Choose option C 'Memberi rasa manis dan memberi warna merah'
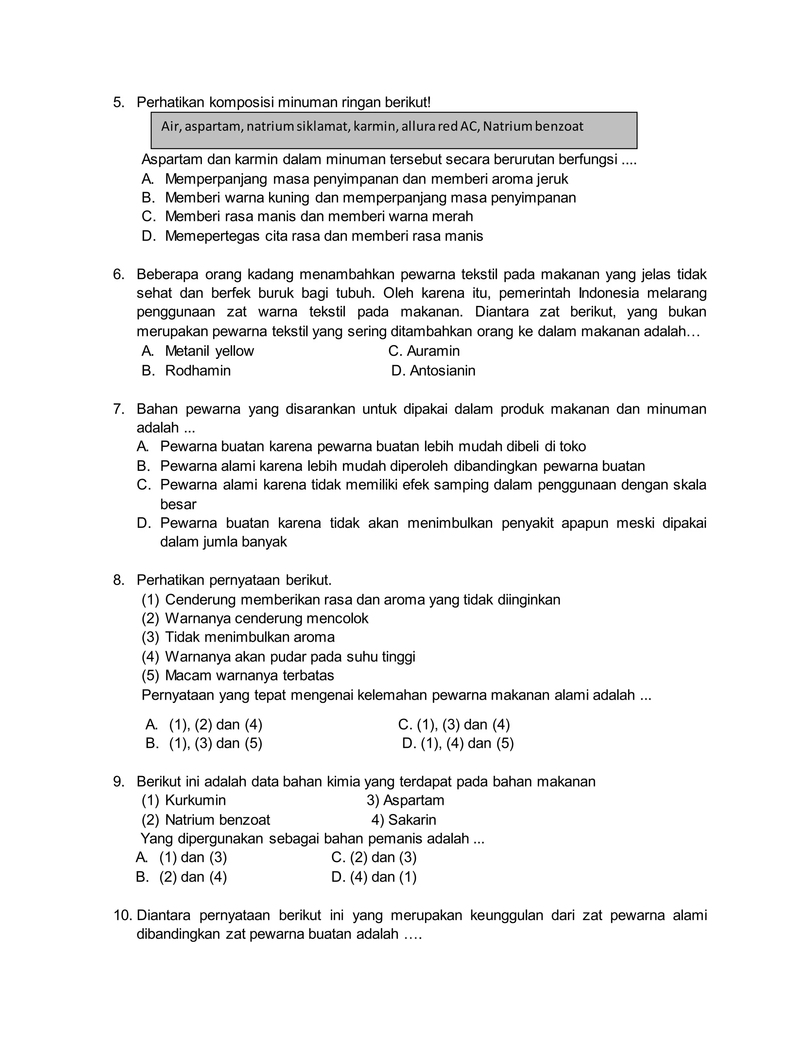[319, 216]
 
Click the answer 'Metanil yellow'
[209, 351]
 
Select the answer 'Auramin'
[433, 351]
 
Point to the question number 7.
[118, 409]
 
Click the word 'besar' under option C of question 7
[178, 504]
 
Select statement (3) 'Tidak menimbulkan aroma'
[250, 637]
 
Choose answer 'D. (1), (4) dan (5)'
[458, 743]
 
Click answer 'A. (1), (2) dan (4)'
[204, 725]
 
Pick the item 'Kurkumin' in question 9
[195, 800]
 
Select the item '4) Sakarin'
[404, 819]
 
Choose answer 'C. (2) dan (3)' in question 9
[374, 857]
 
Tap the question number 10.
[122, 915]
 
